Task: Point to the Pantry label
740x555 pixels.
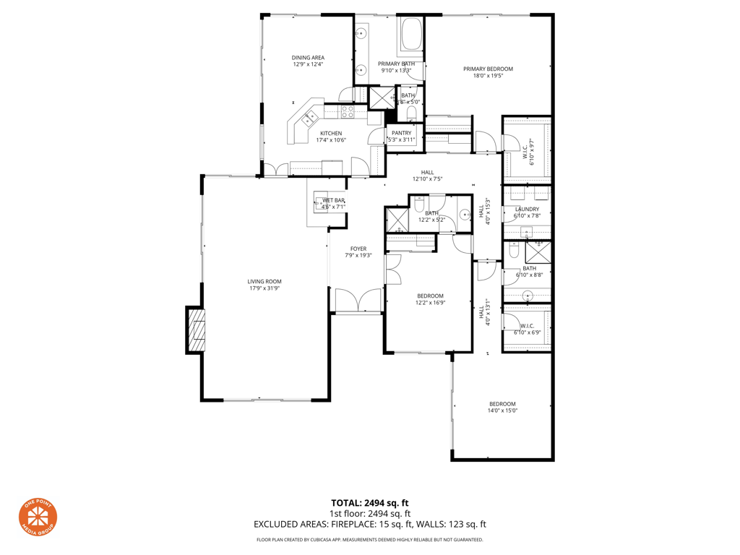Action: (x=401, y=133)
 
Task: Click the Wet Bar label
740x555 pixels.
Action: (x=333, y=200)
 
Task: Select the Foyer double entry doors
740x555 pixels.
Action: (x=358, y=301)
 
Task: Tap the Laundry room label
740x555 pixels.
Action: (x=527, y=209)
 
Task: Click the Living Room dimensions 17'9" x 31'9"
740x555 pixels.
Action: (x=264, y=288)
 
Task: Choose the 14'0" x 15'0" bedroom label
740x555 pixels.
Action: (x=502, y=408)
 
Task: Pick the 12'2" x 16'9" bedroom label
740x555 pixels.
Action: (x=430, y=299)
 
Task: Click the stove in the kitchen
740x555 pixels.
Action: (x=348, y=111)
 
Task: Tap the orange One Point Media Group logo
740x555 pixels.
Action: (x=38, y=518)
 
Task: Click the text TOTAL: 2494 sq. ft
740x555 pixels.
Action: (x=370, y=503)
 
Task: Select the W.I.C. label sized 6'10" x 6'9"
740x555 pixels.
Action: (x=527, y=329)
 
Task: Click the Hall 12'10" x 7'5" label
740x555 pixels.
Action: (x=427, y=176)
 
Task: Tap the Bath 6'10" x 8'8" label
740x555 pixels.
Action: (x=530, y=272)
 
